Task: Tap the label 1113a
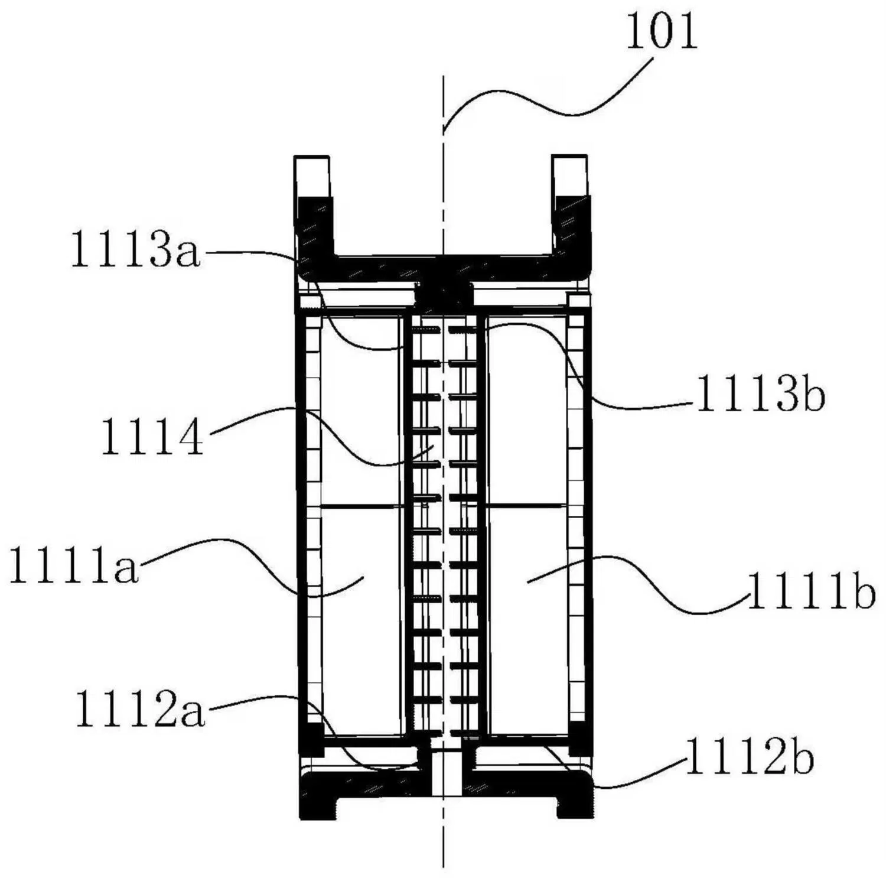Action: click(135, 250)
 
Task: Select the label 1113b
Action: click(761, 394)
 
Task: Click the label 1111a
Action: click(73, 565)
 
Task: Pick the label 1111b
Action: click(812, 590)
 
